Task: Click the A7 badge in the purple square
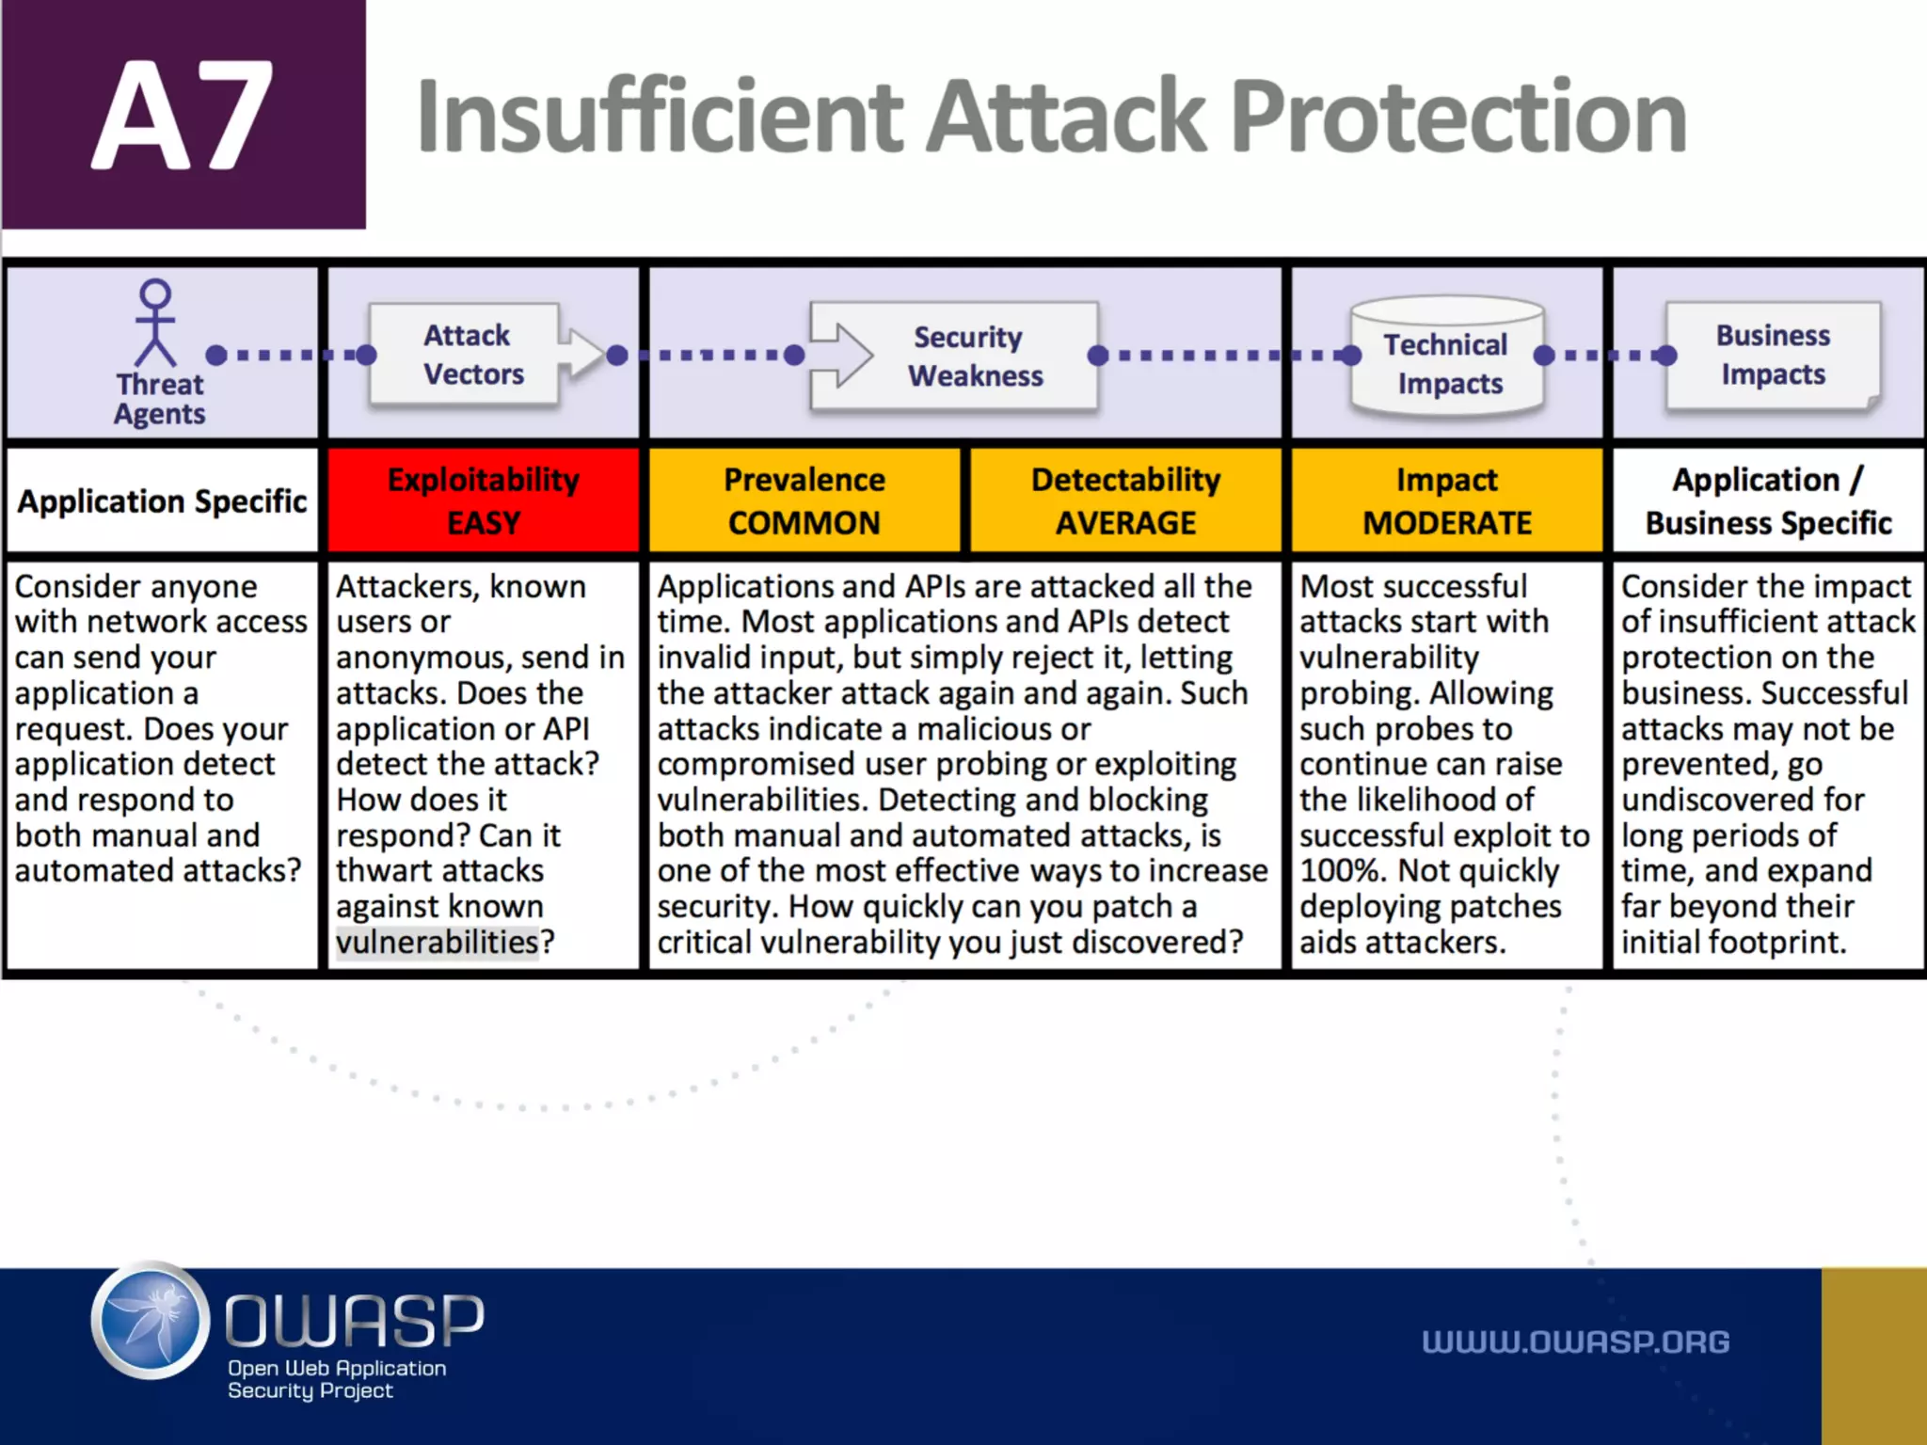point(183,115)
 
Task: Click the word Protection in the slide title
point(1457,117)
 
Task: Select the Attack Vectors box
point(466,355)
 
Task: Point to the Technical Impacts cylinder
point(1446,358)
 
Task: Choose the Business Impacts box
point(1773,355)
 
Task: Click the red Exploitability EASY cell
point(484,500)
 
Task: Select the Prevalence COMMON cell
point(804,500)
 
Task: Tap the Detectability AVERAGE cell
point(1125,500)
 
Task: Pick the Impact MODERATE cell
point(1447,500)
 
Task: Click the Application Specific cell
point(162,501)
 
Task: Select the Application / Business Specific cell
point(1768,500)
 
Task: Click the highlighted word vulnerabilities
point(438,942)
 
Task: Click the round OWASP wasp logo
point(151,1321)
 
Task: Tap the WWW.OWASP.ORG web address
point(1575,1342)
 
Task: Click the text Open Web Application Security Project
point(336,1379)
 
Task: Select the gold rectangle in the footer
point(1873,1356)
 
